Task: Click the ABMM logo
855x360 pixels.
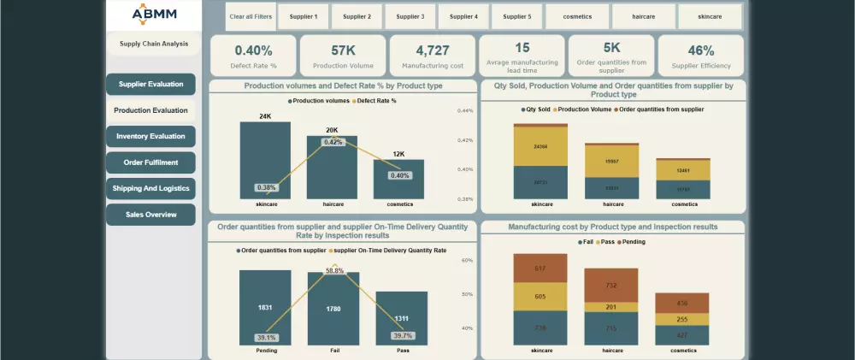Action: [x=155, y=15]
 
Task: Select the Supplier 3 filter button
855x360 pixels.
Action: [x=410, y=16]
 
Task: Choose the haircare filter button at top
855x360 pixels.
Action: [x=643, y=16]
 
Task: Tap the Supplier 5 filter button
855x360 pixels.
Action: [x=516, y=16]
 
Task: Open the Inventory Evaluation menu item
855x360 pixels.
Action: [x=150, y=137]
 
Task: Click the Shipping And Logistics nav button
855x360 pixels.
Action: [x=150, y=188]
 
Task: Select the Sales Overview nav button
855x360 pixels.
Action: [x=150, y=215]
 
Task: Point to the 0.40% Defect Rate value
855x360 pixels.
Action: [x=253, y=50]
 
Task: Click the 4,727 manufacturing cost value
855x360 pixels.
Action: [x=432, y=50]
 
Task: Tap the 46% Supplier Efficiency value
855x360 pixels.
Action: [x=701, y=50]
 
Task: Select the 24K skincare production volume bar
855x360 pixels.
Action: [x=265, y=160]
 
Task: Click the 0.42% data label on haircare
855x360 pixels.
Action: [x=333, y=142]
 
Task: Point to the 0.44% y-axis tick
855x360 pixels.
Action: [x=465, y=110]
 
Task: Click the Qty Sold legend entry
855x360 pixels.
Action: [x=537, y=109]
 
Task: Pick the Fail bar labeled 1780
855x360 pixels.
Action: [x=333, y=308]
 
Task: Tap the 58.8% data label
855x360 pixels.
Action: [x=334, y=270]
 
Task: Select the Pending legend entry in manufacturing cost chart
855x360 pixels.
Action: [x=632, y=242]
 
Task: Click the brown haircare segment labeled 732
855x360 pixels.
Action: [x=610, y=285]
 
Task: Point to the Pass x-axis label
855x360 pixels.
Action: [x=402, y=350]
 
